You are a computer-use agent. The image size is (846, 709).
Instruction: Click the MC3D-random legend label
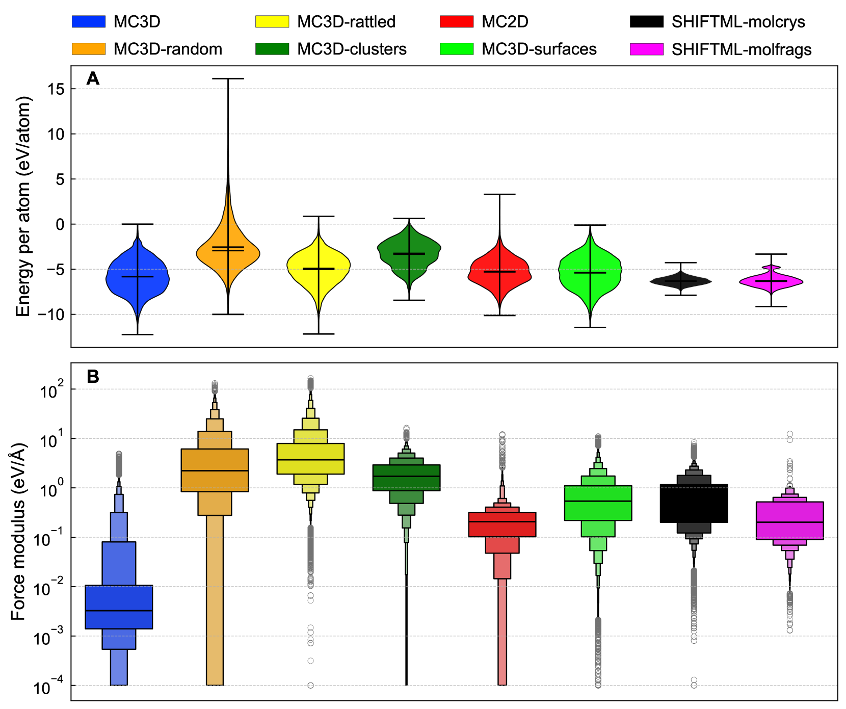coord(168,49)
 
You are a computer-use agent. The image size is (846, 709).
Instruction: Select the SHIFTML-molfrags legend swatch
coord(647,49)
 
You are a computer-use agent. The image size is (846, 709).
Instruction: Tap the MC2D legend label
coord(505,22)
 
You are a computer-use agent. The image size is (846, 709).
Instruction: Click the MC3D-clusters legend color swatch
coord(272,49)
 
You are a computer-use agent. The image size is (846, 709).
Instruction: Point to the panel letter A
coord(93,78)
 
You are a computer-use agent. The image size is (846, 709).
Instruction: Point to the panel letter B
coord(93,376)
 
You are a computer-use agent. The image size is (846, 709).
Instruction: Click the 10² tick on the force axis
coord(49,390)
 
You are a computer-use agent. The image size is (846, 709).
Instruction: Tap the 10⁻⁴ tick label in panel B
coord(49,688)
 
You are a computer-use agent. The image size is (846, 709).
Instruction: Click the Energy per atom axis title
coord(23,206)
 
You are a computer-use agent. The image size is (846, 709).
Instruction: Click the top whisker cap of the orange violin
coord(228,78)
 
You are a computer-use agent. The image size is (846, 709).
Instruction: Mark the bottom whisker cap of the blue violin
coord(138,334)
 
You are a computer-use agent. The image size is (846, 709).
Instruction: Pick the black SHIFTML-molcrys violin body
coord(680,281)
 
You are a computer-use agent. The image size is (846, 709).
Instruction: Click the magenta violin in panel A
coord(771,281)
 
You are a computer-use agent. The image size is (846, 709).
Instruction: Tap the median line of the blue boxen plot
coord(119,610)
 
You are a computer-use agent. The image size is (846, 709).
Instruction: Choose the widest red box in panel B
coord(502,524)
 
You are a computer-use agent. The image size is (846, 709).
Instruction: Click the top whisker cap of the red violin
coord(499,194)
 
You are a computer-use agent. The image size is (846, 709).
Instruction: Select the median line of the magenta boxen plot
coord(789,522)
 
